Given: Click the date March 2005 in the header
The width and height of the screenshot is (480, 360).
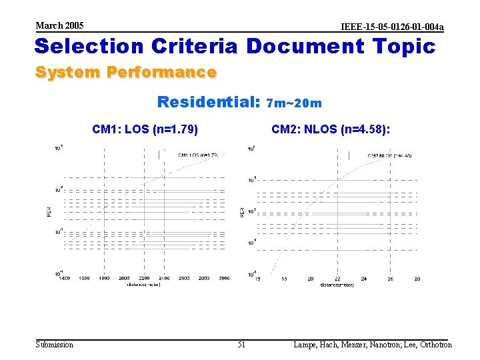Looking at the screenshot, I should [59, 25].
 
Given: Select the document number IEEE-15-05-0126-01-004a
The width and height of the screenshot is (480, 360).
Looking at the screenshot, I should [392, 27].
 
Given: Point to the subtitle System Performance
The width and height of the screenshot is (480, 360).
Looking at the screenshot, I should [125, 72].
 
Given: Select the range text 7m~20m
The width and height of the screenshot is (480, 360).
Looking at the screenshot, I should [294, 103].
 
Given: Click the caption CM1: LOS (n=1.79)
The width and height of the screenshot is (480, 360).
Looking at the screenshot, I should [145, 129].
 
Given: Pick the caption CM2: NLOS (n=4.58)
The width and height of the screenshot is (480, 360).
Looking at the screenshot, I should [331, 129].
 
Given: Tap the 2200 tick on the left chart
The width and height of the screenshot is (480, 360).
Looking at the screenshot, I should [145, 278].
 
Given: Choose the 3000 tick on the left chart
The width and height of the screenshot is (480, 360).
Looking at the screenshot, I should [224, 278].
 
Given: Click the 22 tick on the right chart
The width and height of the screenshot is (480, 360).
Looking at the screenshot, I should [337, 279].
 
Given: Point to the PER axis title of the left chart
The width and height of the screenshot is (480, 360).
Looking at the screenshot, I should [49, 211].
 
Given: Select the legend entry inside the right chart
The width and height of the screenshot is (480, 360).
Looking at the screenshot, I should [389, 156].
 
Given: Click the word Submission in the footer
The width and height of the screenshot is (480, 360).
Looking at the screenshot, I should [55, 345].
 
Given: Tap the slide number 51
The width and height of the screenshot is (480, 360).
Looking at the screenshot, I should [241, 345].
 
